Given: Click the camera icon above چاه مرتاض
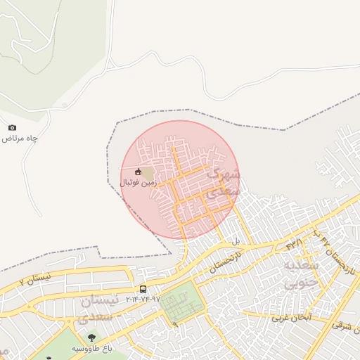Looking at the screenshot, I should click(x=12, y=127).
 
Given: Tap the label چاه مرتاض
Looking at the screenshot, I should click(x=20, y=139).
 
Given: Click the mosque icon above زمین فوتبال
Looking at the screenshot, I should click(x=138, y=172).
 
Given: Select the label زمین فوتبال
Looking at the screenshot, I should click(x=138, y=183).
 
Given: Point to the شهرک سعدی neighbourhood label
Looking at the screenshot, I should click(x=225, y=181).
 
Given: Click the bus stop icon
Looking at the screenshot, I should click(x=143, y=289).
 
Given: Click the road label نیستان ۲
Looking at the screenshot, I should click(x=35, y=280).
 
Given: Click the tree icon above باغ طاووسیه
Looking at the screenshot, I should click(x=92, y=338).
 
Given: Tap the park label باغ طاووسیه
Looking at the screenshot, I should click(x=92, y=349).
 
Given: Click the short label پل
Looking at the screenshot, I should click(x=236, y=241).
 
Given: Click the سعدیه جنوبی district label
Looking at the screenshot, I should click(x=302, y=274).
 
